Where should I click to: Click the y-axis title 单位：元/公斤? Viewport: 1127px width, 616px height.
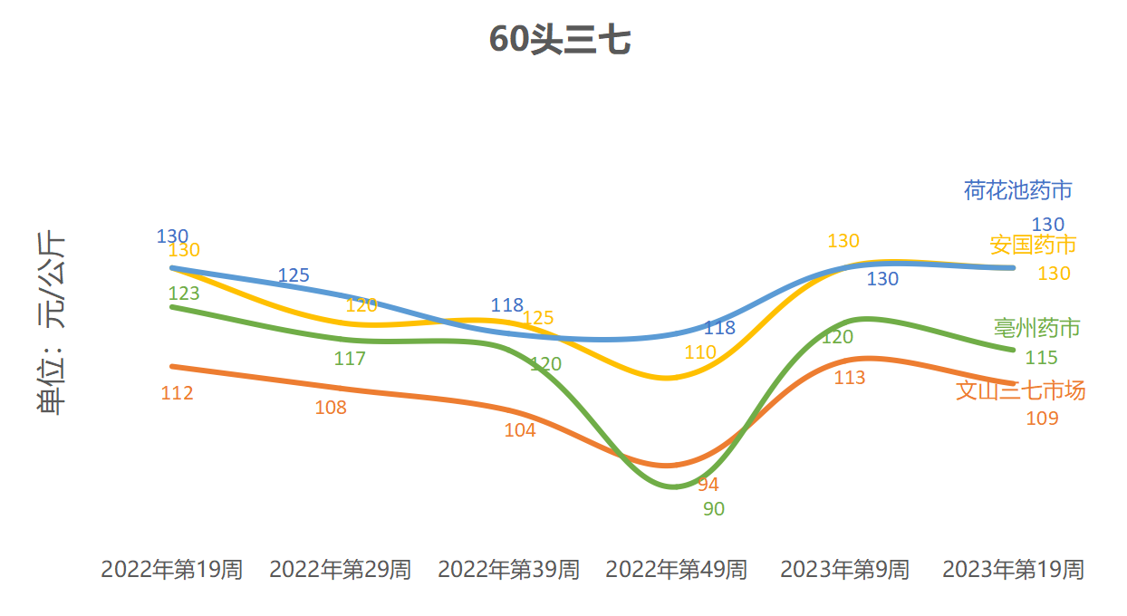coord(51,323)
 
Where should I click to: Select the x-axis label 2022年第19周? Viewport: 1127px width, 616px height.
coord(171,570)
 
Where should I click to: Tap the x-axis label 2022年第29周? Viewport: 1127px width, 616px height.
coord(340,570)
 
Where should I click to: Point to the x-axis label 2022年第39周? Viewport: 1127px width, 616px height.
coord(508,570)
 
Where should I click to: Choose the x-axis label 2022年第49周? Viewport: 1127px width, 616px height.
coord(677,570)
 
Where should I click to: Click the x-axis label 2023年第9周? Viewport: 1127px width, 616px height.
coord(844,570)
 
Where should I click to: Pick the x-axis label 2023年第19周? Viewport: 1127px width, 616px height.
coord(1013,570)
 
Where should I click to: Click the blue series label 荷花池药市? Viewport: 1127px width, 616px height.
coord(1018,190)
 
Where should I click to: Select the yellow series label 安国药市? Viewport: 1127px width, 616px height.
coord(1033,245)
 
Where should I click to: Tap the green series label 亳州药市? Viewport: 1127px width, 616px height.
coord(1036,328)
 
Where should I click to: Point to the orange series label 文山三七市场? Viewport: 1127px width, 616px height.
coord(1021,390)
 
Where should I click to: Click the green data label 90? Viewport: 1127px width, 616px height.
coord(714,509)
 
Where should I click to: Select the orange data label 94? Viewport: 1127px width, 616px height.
coord(708,485)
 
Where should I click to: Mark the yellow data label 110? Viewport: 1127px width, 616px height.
coord(700,352)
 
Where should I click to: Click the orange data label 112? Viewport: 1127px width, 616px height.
coord(177,393)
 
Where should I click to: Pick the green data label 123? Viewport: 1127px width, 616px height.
coord(184,294)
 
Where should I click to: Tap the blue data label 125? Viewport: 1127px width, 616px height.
coord(294,275)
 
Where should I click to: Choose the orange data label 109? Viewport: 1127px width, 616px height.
coord(1042,419)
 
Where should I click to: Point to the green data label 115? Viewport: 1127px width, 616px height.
coord(1041,358)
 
